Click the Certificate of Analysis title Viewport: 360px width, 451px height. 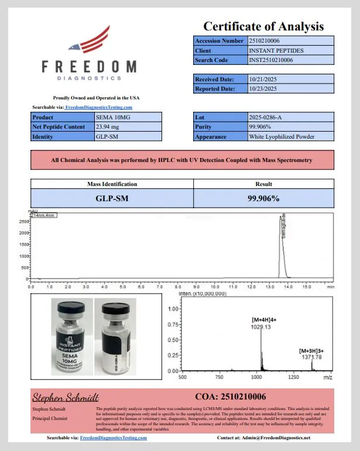pyautogui.click(x=263, y=26)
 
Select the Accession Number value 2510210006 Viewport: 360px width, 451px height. pyautogui.click(x=265, y=40)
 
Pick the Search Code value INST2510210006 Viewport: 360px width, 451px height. pyautogui.click(x=270, y=60)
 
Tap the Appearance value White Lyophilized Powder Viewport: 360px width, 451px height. pyautogui.click(x=282, y=136)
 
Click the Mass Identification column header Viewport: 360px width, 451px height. pyautogui.click(x=112, y=184)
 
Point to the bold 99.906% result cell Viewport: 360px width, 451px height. pyautogui.click(x=263, y=198)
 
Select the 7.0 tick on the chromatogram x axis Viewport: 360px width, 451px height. pyautogui.click(x=160, y=287)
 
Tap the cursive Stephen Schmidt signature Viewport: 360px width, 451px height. pyautogui.click(x=65, y=397)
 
